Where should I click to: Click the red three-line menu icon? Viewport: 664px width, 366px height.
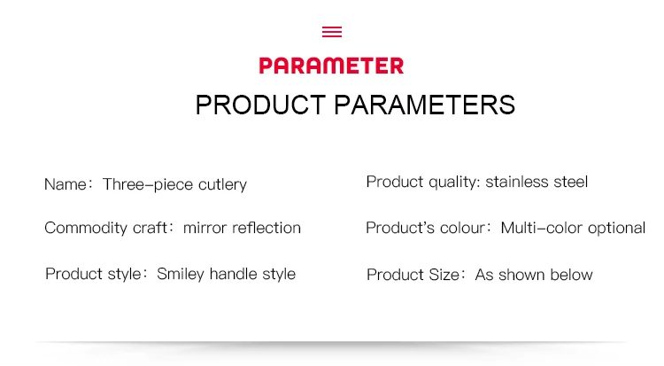332,32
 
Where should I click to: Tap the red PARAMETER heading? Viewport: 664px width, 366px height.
332,66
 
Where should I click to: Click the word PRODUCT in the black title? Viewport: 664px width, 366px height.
260,105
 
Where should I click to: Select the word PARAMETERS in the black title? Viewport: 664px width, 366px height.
425,105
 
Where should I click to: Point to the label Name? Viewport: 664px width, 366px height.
66,184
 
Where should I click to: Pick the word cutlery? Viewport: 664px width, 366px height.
222,184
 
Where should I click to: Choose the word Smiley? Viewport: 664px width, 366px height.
181,275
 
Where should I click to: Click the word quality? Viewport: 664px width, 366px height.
453,183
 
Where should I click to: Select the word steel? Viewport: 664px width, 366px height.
571,182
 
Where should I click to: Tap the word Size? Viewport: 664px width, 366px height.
444,275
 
